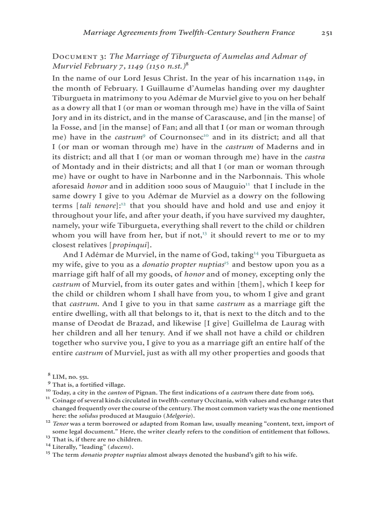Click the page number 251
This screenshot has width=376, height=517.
point(327,33)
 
